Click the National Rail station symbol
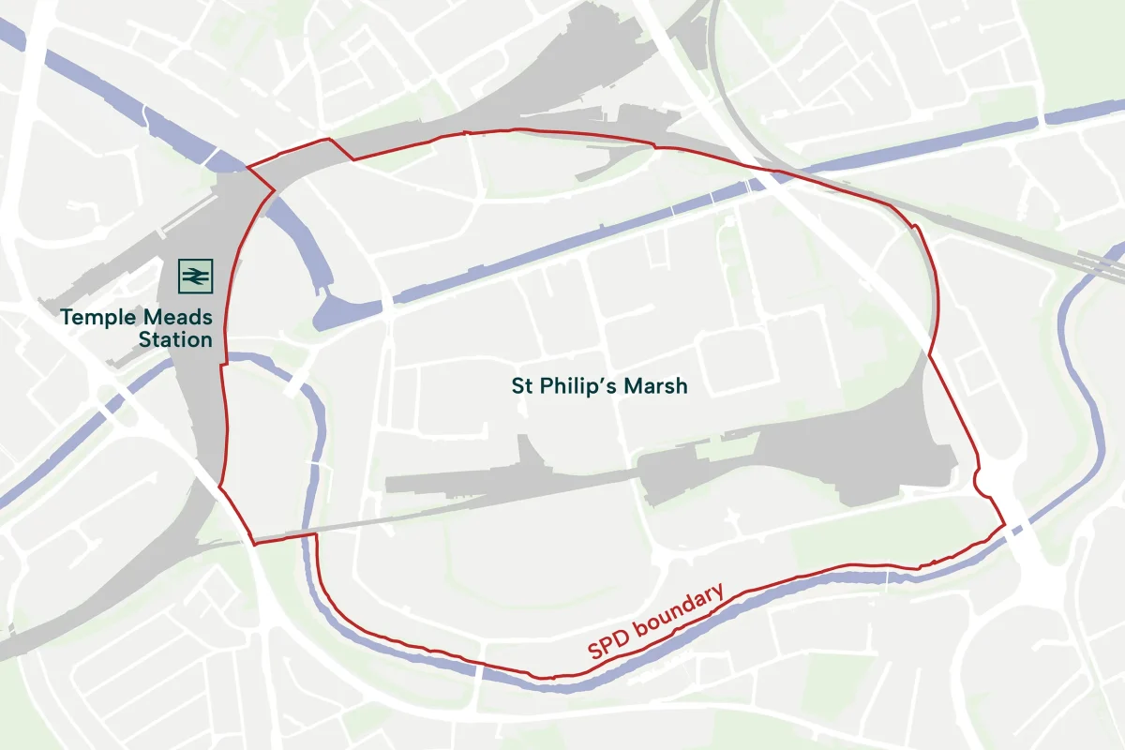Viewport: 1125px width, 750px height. pyautogui.click(x=196, y=276)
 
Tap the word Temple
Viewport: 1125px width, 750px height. pyautogui.click(x=96, y=317)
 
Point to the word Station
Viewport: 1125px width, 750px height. pyautogui.click(x=175, y=339)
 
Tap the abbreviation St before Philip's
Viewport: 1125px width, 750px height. pyautogui.click(x=521, y=385)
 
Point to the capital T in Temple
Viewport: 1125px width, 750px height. pyautogui.click(x=67, y=317)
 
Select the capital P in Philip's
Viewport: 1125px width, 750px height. pyautogui.click(x=546, y=385)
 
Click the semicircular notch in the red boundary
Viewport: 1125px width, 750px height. pyautogui.click(x=979, y=481)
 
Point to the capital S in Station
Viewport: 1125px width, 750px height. pyautogui.click(x=144, y=339)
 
